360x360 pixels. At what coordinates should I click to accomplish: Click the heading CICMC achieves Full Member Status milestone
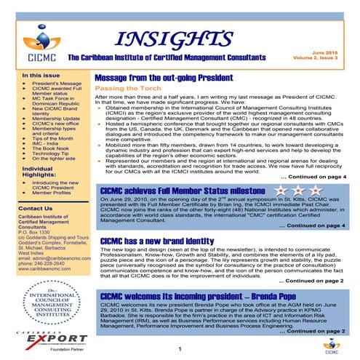185,190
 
